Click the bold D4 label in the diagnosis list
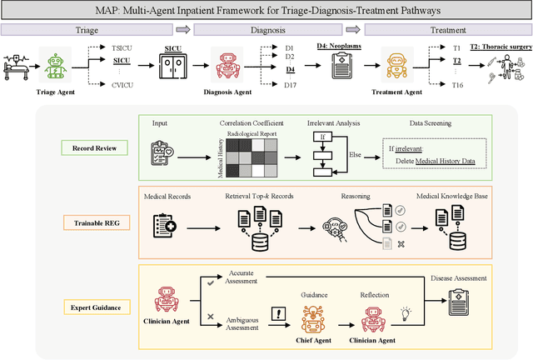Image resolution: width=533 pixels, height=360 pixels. (290, 71)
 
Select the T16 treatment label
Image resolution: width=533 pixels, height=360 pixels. (456, 85)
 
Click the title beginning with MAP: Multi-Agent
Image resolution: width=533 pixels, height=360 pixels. (266, 10)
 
